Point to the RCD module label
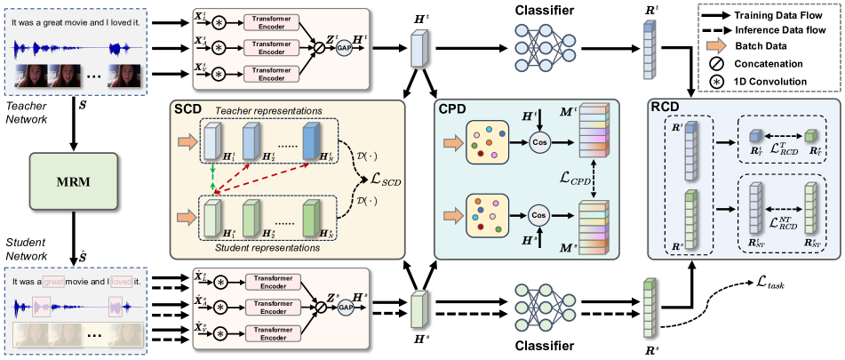click(x=667, y=110)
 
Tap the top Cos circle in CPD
click(x=538, y=145)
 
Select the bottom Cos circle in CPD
click(x=538, y=214)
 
